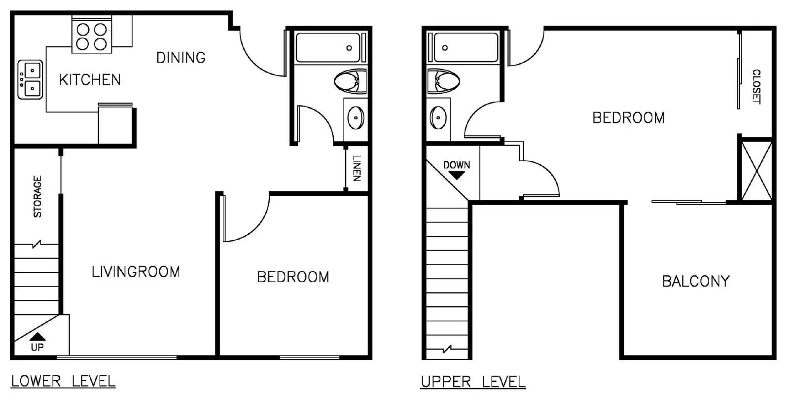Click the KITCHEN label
[90, 79]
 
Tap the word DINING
[180, 58]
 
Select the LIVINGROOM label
[136, 272]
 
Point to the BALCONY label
[696, 281]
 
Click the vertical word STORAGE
[37, 197]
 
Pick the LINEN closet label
[357, 168]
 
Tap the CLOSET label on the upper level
[756, 87]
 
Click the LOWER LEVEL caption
[63, 381]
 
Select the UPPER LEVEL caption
[473, 382]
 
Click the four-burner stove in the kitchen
[92, 35]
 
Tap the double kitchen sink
[30, 79]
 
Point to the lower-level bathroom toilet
[350, 81]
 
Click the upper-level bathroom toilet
[443, 81]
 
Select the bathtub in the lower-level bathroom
[329, 47]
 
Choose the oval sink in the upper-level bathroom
[438, 118]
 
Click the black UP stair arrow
[37, 336]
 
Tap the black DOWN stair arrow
[457, 175]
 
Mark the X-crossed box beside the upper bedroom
[756, 171]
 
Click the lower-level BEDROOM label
[293, 277]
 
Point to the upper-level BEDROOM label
[628, 118]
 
